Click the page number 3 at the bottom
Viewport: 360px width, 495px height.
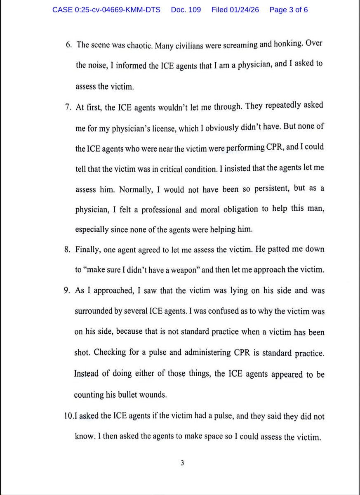pos(181,463)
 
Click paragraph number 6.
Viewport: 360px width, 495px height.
pos(68,45)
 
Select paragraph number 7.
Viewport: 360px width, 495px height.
pos(68,106)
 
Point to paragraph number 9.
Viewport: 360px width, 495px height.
pos(68,290)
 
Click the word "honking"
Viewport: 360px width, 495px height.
pos(279,45)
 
